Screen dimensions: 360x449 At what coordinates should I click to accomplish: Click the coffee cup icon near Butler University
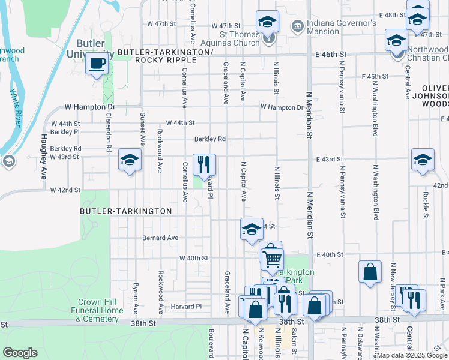pyautogui.click(x=96, y=64)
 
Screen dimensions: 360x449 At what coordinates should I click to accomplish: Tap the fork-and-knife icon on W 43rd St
pyautogui.click(x=204, y=164)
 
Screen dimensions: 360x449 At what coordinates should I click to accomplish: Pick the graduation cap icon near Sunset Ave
pyautogui.click(x=129, y=160)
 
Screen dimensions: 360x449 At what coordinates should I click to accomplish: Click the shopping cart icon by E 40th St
pyautogui.click(x=272, y=259)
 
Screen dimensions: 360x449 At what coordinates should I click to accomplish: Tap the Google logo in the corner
pyautogui.click(x=20, y=353)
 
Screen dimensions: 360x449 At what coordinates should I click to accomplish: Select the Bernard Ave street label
pyautogui.click(x=160, y=238)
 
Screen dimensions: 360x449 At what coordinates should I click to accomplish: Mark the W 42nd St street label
pyautogui.click(x=65, y=190)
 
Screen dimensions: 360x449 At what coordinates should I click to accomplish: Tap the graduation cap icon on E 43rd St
pyautogui.click(x=422, y=160)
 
